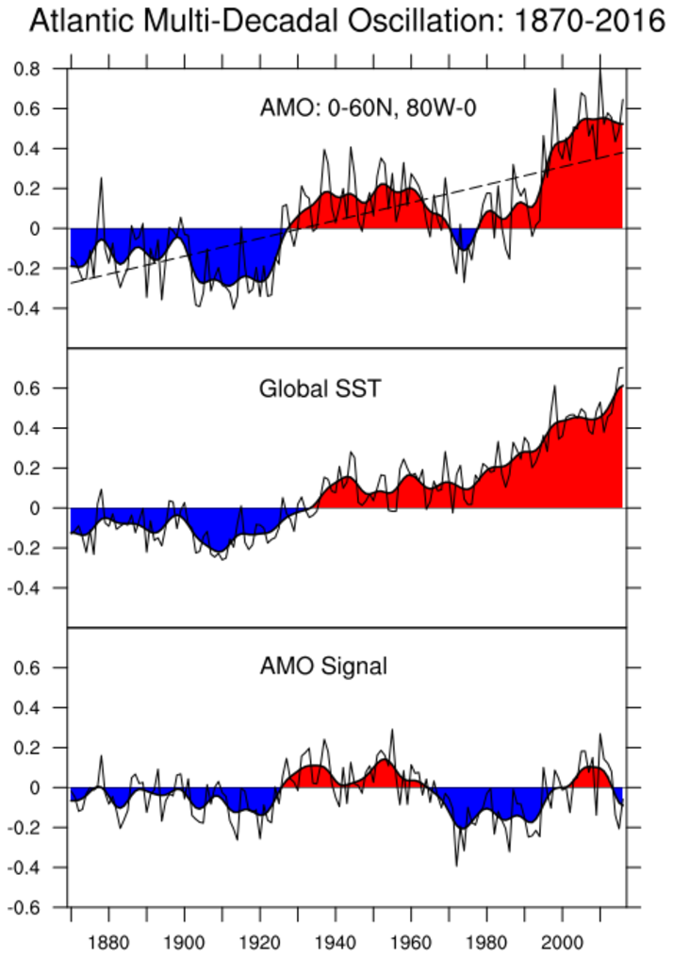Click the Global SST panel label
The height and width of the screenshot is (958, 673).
coord(320,388)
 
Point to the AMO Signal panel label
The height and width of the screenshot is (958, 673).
coord(323,667)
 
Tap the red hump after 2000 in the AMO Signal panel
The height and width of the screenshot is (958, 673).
coord(592,777)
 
